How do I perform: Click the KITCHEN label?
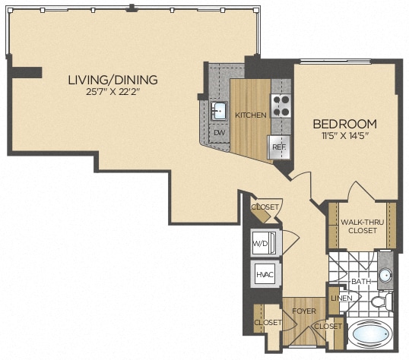[250, 115]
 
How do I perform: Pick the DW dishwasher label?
[220, 133]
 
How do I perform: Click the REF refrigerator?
[278, 147]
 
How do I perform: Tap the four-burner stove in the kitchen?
[281, 105]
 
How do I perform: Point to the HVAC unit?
[263, 275]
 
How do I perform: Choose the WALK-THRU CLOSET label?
[362, 226]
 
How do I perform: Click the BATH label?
[360, 281]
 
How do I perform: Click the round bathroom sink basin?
[384, 276]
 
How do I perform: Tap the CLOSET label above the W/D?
[265, 207]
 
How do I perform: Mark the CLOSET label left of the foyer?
[268, 323]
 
